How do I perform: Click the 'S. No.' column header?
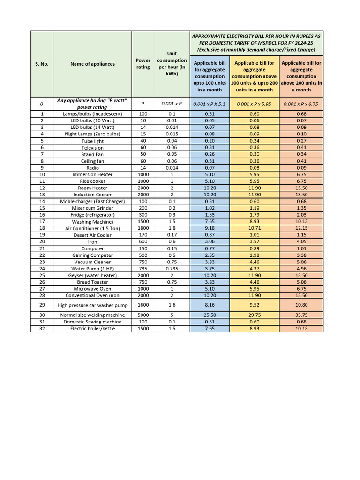point(42,64)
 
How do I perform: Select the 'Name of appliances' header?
point(92,64)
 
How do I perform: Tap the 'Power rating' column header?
point(143,64)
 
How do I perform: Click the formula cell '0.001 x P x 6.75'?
point(301,104)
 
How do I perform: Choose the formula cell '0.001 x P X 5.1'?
point(210,104)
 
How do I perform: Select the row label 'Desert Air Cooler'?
point(92,235)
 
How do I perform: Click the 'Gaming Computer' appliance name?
point(92,255)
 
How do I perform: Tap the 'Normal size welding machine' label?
point(92,315)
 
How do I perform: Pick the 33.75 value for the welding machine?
point(301,315)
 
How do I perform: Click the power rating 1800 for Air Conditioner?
point(143,228)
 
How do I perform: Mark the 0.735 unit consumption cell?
point(172,269)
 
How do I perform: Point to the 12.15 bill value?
point(301,228)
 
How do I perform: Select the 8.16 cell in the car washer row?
point(210,305)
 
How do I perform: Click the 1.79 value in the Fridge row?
point(255,215)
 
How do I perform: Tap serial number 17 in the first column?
point(42,221)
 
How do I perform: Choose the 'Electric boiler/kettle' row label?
point(92,329)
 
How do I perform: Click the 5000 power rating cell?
point(143,315)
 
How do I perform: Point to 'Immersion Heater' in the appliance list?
point(92,174)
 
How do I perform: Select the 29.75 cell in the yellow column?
point(255,315)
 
